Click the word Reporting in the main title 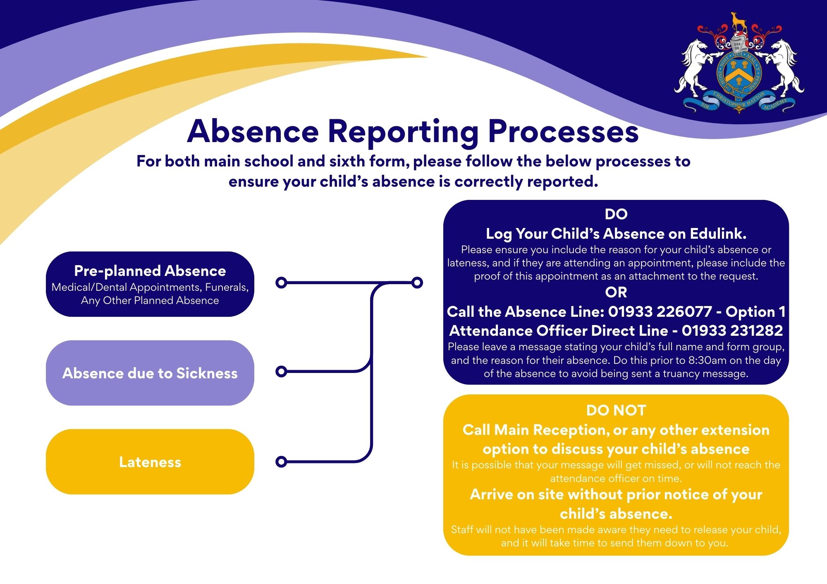coord(403,131)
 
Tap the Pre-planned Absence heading coord(150,271)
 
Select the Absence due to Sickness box coord(150,373)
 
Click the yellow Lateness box coord(150,462)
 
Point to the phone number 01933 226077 coord(660,311)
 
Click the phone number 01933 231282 coord(732,330)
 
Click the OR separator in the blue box coord(616,292)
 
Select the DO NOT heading coord(616,411)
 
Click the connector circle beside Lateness coord(281,461)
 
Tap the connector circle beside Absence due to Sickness coord(281,371)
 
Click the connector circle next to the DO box coord(417,283)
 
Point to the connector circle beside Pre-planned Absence coord(281,283)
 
